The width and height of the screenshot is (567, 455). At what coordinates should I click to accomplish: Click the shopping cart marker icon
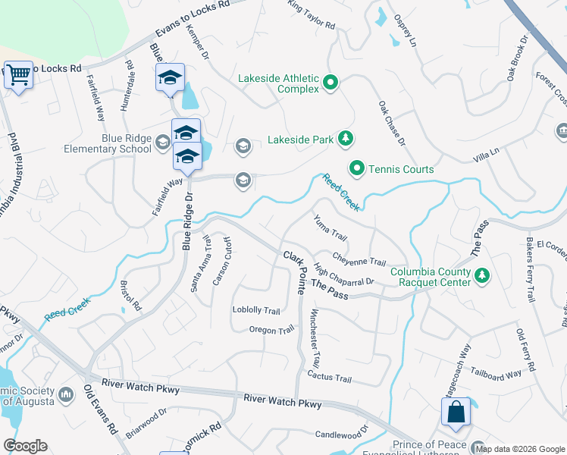[x=18, y=75]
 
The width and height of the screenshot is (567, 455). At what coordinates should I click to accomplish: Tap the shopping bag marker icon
[x=455, y=413]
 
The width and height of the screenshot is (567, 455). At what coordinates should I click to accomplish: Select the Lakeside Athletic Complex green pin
[x=330, y=83]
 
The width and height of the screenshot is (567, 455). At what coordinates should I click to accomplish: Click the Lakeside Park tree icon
[x=346, y=137]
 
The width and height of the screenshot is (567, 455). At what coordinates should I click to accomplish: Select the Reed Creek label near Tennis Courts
[x=340, y=192]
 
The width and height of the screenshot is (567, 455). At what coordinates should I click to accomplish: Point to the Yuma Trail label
[x=330, y=226]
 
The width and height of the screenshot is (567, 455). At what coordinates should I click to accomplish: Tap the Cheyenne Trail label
[x=359, y=259]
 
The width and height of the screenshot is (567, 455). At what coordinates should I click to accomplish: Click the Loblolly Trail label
[x=256, y=311]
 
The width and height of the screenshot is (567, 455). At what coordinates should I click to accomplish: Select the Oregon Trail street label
[x=271, y=330]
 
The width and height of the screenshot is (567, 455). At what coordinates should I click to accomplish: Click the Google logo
[x=25, y=446]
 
